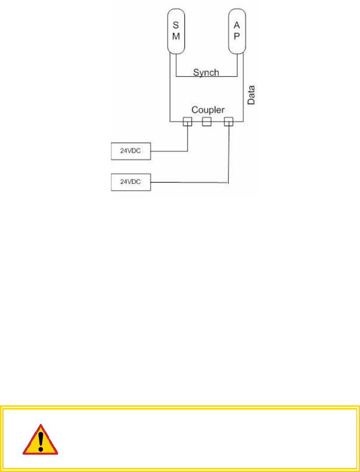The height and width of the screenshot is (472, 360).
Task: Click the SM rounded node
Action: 176,31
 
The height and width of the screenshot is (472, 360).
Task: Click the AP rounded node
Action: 236,31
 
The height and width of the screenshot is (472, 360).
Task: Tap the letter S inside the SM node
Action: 176,26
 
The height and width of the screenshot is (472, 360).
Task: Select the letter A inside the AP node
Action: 236,26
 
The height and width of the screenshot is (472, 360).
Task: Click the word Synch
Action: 206,72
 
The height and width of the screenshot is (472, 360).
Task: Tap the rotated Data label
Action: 251,95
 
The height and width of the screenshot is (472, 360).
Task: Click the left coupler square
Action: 187,121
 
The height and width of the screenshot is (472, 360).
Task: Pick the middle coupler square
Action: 206,121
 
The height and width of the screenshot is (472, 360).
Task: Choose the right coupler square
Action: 228,121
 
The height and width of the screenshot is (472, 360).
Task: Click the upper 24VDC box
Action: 131,151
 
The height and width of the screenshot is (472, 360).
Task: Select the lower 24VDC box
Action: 131,182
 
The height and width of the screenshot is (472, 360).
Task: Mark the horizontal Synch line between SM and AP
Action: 206,77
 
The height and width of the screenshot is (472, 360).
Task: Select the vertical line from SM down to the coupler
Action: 170,89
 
